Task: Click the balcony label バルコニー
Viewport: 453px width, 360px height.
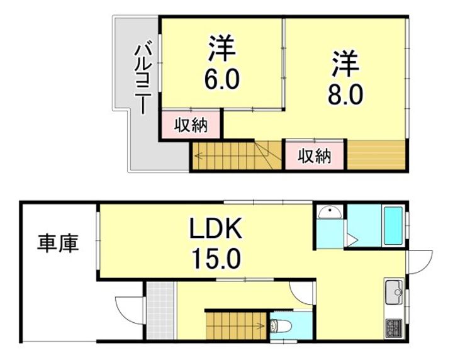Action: tap(143, 77)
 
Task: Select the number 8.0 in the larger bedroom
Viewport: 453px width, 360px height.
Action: tap(345, 94)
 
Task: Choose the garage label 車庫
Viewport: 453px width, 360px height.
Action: tap(59, 243)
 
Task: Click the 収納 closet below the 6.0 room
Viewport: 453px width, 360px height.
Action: tap(191, 126)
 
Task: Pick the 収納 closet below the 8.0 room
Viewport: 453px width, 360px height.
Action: tap(315, 155)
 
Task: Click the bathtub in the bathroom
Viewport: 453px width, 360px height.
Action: tap(393, 225)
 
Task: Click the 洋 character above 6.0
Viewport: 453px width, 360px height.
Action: tap(221, 50)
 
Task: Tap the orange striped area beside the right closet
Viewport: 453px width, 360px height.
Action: tap(376, 155)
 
